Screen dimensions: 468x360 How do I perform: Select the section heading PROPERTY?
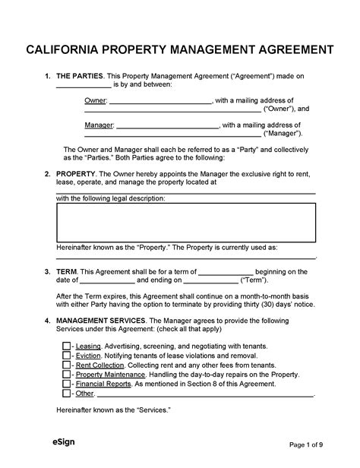(x=77, y=173)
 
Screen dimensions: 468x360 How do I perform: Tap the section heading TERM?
(x=67, y=270)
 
